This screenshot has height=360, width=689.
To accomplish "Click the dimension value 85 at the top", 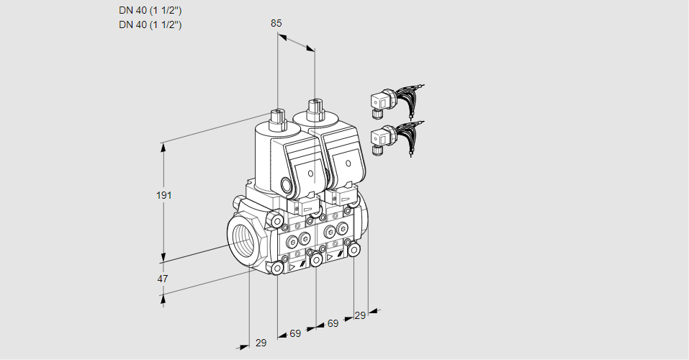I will (x=276, y=23).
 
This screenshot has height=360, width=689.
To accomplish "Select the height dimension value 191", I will (x=165, y=194).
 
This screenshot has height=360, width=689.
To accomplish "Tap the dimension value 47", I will (x=163, y=279).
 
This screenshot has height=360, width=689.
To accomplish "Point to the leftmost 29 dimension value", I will (x=261, y=343).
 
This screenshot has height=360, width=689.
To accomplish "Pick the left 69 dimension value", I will (x=295, y=333).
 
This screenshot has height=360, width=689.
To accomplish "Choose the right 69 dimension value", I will (x=333, y=324).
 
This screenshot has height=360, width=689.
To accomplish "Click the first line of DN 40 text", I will (x=150, y=11).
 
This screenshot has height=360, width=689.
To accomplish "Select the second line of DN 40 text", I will (x=150, y=24).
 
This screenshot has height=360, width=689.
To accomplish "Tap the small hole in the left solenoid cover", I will (x=310, y=174).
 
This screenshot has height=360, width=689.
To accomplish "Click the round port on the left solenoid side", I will (x=289, y=185).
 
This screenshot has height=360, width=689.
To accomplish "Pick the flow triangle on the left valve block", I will (x=292, y=266).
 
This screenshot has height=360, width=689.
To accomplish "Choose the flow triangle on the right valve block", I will (x=330, y=256).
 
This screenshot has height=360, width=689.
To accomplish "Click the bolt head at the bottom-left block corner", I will (x=277, y=268).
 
